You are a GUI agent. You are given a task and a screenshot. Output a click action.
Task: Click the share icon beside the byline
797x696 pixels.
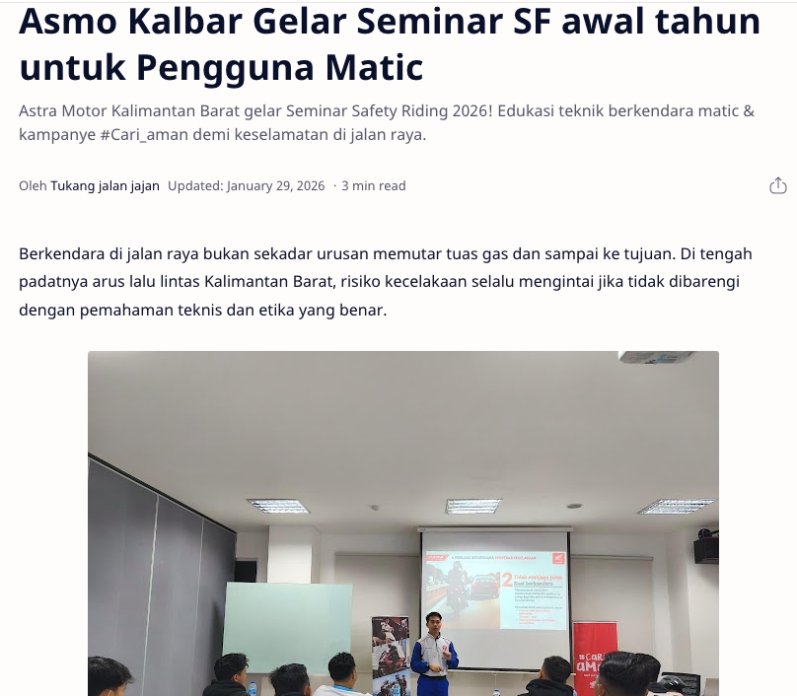(x=777, y=185)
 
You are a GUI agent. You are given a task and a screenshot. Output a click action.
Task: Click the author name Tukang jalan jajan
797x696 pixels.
(x=105, y=185)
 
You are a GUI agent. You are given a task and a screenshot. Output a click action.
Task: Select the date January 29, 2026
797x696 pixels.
(x=275, y=185)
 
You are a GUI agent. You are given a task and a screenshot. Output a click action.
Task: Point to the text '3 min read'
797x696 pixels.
(x=374, y=185)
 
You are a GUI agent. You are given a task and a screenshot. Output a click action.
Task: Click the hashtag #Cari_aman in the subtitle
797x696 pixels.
(x=152, y=134)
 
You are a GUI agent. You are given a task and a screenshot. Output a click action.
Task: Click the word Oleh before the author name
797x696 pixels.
(x=33, y=185)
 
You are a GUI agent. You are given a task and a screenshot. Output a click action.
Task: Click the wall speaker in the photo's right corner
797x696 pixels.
(x=705, y=549)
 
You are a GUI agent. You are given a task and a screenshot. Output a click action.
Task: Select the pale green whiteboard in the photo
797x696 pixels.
(x=287, y=627)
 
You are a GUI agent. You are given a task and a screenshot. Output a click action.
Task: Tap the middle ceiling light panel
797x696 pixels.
(x=473, y=506)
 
